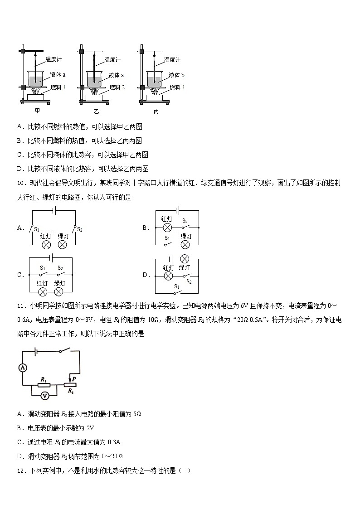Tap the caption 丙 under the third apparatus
click(x=156, y=111)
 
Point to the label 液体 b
click(x=176, y=75)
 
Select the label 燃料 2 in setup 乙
click(x=117, y=87)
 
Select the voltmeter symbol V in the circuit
click(x=44, y=396)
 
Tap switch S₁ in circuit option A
click(x=33, y=228)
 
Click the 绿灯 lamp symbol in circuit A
click(x=63, y=245)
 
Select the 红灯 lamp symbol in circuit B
click(x=167, y=228)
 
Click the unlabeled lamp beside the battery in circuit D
click(x=185, y=259)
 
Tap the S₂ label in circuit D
click(x=189, y=282)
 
